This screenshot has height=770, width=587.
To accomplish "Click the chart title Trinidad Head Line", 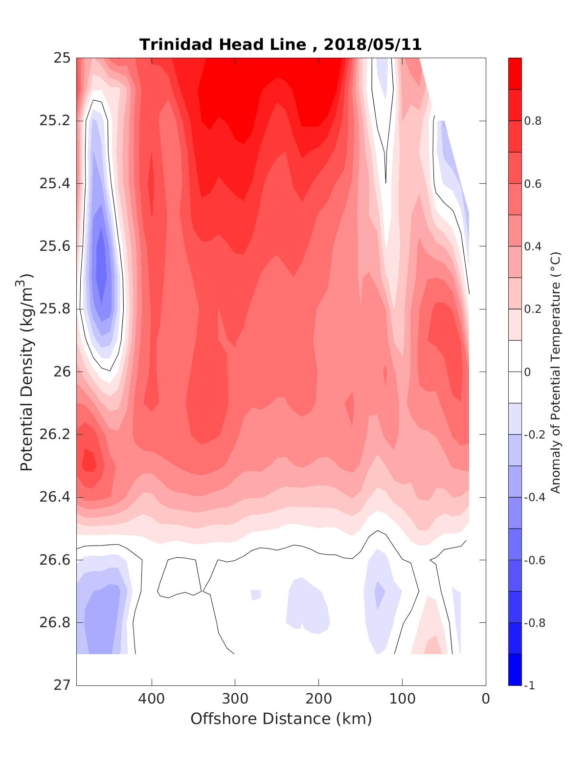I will tap(223, 44).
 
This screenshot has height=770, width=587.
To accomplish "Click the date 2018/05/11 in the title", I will tap(373, 44).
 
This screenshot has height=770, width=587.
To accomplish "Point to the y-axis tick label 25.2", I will tap(55, 121).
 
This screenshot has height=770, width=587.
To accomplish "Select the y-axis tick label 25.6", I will tap(55, 246).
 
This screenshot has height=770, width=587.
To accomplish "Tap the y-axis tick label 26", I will tap(62, 372).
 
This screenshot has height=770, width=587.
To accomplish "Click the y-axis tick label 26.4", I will tap(55, 497).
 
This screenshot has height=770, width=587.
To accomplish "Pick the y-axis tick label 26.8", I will tap(55, 623).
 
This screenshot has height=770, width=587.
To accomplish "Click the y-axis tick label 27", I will tap(62, 685).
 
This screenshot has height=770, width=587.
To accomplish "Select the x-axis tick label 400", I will tap(152, 699).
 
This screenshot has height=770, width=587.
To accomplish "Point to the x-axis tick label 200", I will tap(319, 699).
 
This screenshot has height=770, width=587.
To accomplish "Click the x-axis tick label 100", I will tap(403, 699).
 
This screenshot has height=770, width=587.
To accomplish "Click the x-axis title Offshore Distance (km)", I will tap(281, 719).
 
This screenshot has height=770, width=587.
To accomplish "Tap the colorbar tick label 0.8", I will tap(533, 121).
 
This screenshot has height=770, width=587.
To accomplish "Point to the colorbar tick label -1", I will tap(529, 686).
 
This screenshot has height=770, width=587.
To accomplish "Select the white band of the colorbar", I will tap(515, 372).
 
